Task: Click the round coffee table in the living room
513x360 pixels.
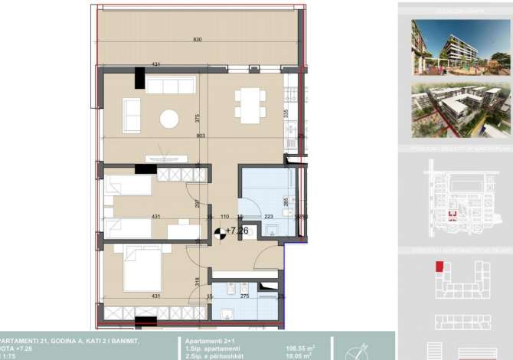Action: [168, 118]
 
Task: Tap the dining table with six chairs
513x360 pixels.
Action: [249, 104]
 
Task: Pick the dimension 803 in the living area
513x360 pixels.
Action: [201, 136]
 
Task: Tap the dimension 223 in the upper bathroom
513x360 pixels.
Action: [268, 217]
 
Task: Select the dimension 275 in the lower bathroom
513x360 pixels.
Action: [245, 296]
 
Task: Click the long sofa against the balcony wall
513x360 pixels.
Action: [172, 85]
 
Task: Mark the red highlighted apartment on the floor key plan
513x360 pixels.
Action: [439, 267]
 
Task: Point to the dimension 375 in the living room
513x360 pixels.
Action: [197, 119]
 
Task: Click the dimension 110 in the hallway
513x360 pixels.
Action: [225, 217]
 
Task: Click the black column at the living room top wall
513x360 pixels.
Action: [139, 78]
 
